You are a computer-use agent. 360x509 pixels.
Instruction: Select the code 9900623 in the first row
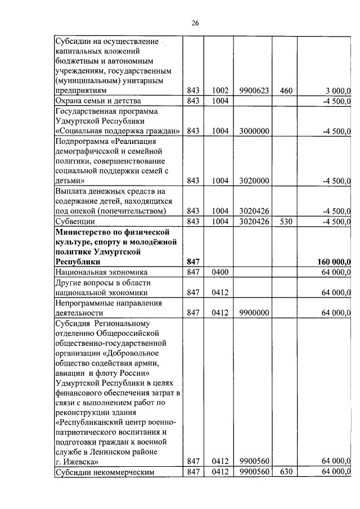tap(253, 91)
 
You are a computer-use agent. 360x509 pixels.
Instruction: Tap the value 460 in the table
tap(286, 91)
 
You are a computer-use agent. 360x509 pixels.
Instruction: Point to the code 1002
tap(220, 91)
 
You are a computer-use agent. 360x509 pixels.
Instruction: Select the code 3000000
tap(253, 131)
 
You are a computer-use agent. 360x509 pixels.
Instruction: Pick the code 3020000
tap(253, 181)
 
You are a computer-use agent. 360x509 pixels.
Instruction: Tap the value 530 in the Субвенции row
tap(286, 222)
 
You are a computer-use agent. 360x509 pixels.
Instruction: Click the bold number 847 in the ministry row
tap(193, 262)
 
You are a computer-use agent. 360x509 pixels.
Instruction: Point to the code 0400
tap(220, 272)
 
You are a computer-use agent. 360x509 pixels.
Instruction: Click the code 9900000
tap(253, 313)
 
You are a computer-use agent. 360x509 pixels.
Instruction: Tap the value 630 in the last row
tap(286, 471)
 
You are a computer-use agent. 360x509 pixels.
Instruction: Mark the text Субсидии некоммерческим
tap(104, 472)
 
